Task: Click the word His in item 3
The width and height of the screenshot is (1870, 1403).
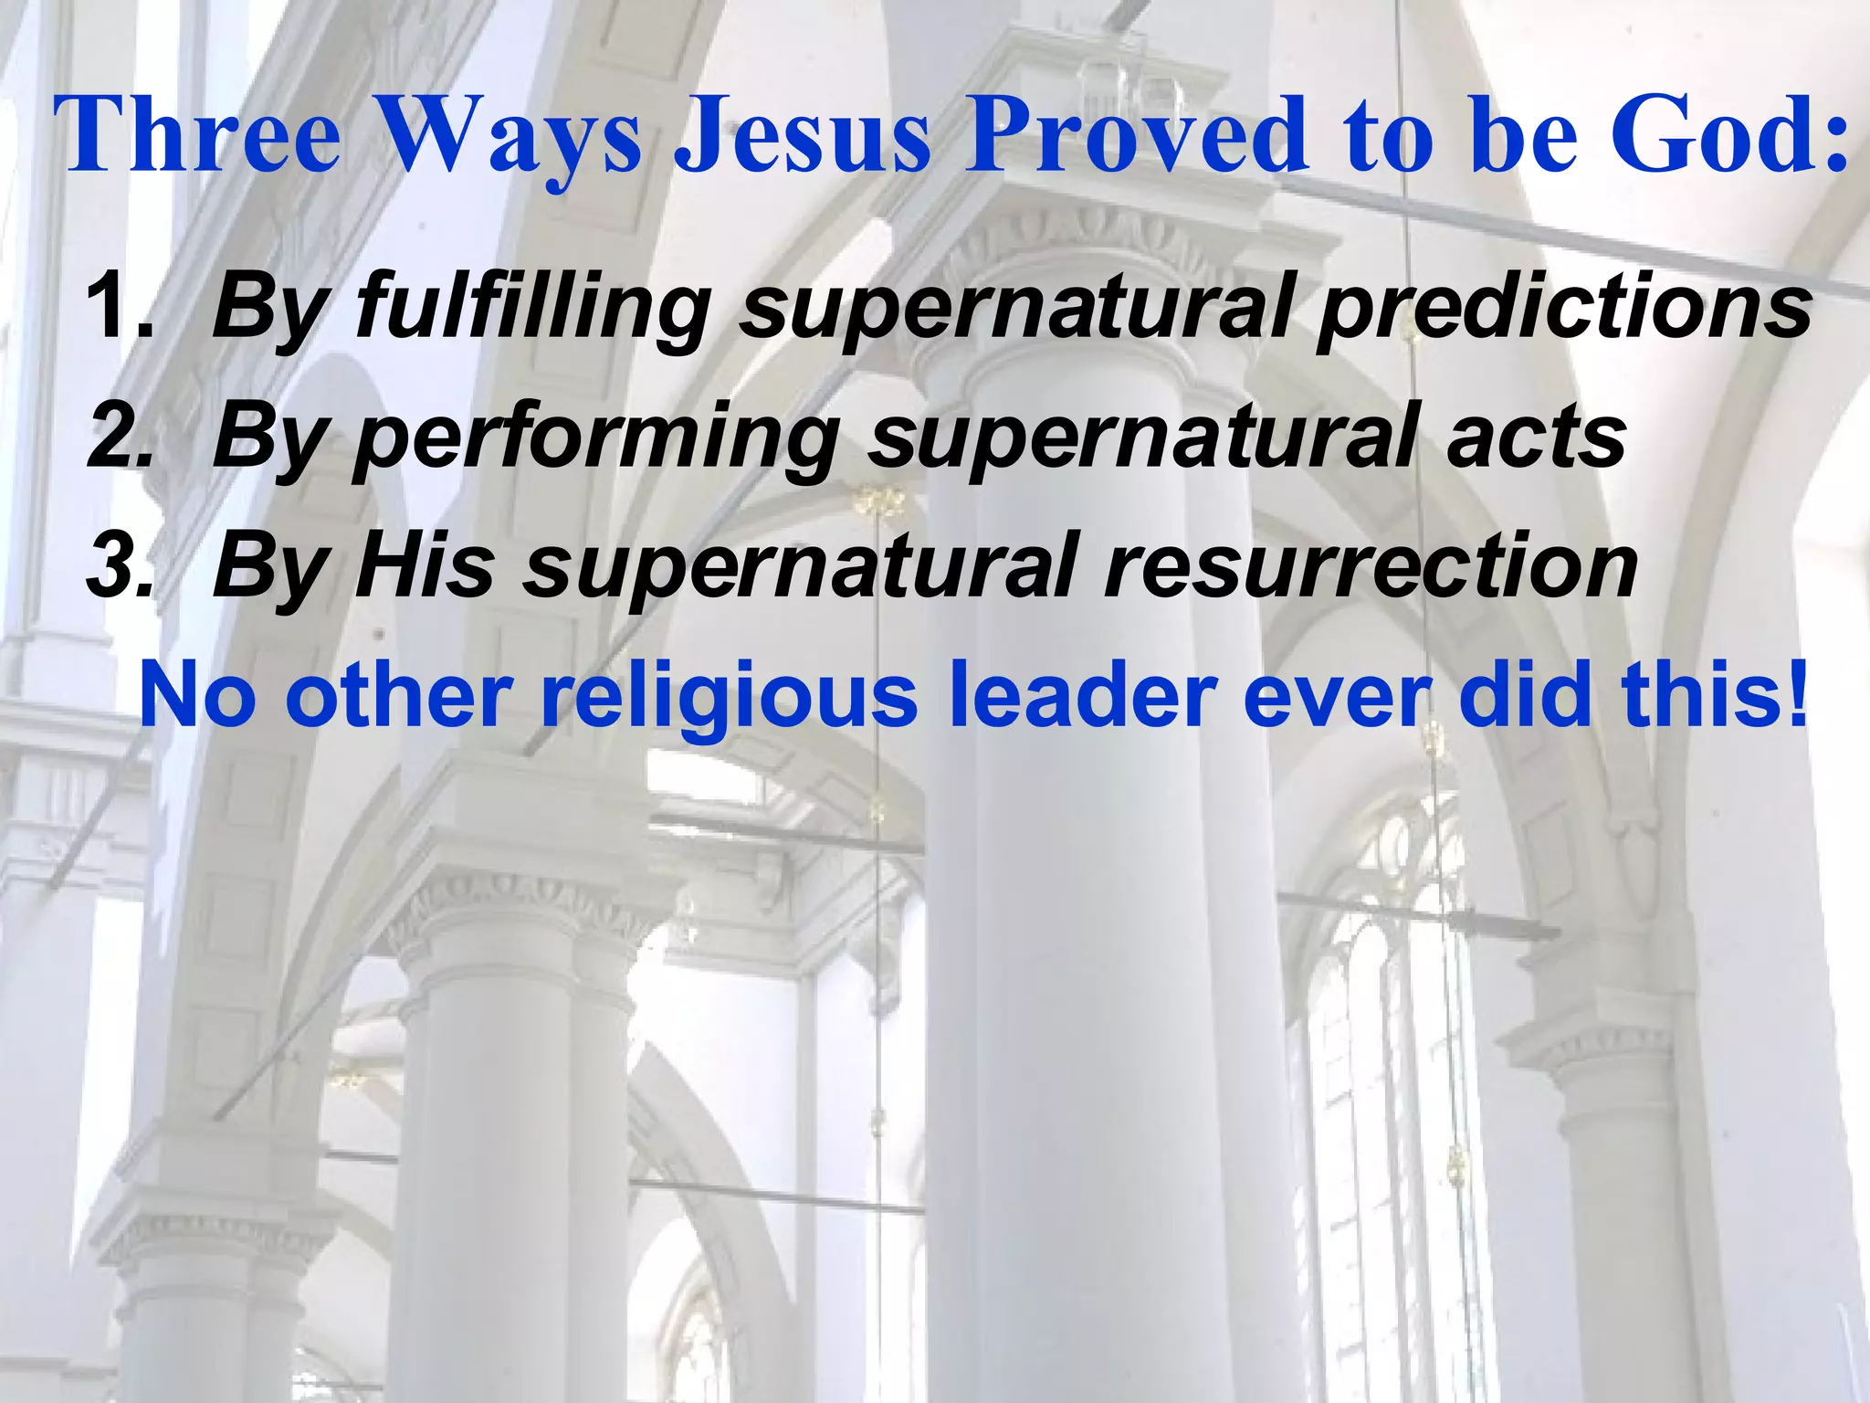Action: (x=425, y=566)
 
